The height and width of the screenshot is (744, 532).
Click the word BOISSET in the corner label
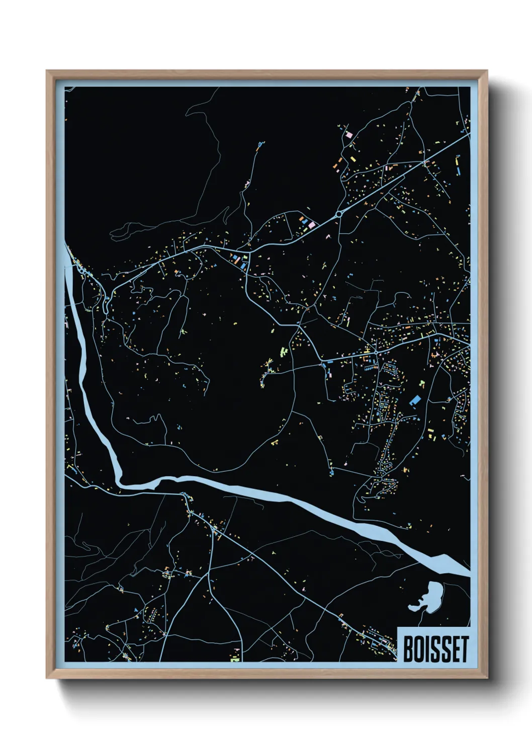tap(435, 649)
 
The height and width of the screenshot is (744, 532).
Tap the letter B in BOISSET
tap(409, 649)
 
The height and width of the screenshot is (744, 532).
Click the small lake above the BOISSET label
tap(429, 597)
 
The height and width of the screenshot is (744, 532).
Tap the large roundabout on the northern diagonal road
tap(339, 214)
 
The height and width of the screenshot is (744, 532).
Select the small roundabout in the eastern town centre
tap(376, 352)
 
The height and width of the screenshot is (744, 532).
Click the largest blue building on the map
tap(415, 400)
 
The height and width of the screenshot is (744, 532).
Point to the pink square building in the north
tap(348, 135)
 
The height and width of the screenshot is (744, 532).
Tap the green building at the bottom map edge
tap(235, 659)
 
